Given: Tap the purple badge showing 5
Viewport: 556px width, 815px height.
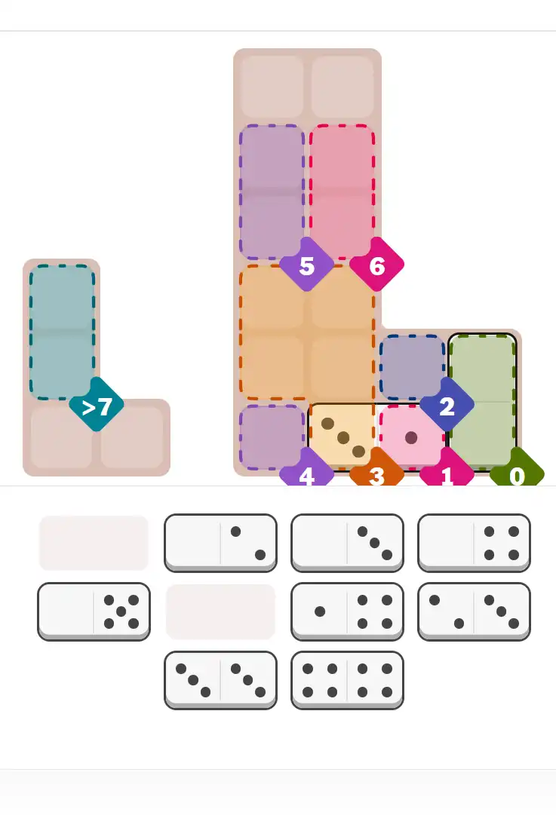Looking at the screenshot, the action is pyautogui.click(x=307, y=265).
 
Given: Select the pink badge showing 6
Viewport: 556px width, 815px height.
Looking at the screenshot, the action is pyautogui.click(x=376, y=265).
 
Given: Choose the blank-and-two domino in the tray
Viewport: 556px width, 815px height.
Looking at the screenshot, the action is pyautogui.click(x=220, y=543).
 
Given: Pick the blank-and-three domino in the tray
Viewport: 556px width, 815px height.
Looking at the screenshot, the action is pyautogui.click(x=348, y=543).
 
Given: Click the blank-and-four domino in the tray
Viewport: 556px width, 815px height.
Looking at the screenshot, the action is pyautogui.click(x=475, y=543).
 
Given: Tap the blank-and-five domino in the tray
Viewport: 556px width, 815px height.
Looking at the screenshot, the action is pyautogui.click(x=94, y=611).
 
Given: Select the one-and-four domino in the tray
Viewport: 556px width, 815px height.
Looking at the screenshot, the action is pyautogui.click(x=348, y=611).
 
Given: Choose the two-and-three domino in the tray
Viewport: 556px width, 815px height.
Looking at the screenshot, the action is pyautogui.click(x=475, y=611).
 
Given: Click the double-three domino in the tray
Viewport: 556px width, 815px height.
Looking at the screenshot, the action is pyautogui.click(x=220, y=680).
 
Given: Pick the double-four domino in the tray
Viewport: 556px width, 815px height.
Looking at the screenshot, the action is pyautogui.click(x=348, y=680).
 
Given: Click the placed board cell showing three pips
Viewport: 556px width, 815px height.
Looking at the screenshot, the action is pyautogui.click(x=343, y=437).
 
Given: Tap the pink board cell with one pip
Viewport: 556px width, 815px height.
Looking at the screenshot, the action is pyautogui.click(x=411, y=437).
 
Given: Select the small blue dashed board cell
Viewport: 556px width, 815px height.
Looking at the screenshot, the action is pyautogui.click(x=412, y=367).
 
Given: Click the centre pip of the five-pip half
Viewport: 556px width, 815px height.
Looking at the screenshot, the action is pyautogui.click(x=121, y=611).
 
